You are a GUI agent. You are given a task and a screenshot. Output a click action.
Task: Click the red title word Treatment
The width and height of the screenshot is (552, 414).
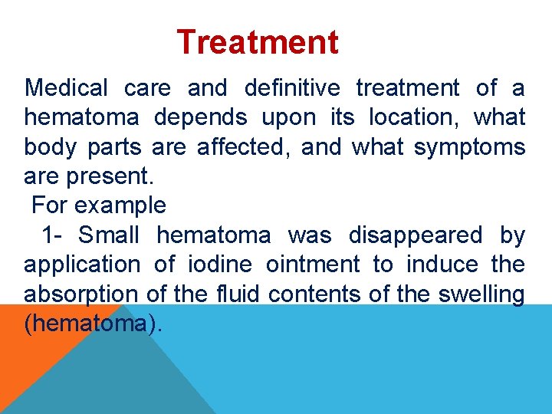coord(257,42)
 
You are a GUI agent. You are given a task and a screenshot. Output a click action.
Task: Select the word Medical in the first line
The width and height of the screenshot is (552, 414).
coord(67,88)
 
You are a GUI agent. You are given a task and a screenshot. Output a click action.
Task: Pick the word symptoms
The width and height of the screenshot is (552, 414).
coord(469,147)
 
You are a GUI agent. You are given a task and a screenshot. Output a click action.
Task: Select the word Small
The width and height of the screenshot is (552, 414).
coord(108,235)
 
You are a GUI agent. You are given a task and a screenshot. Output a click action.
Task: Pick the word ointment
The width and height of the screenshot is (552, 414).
coord(312,265)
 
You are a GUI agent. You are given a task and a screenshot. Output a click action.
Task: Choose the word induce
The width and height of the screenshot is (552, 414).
coord(439,265)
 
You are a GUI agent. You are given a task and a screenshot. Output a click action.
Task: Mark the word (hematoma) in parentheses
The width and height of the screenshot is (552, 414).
coord(94,324)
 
